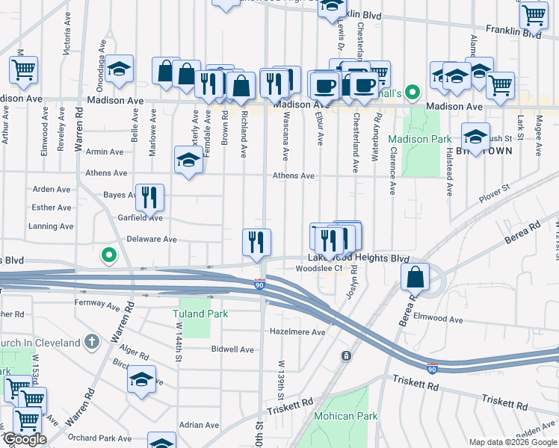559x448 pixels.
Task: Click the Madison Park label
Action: pos(420,139)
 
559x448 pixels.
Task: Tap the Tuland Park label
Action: pos(200,314)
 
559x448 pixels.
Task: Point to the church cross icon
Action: pos(92,343)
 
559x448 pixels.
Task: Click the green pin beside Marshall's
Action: pos(412,93)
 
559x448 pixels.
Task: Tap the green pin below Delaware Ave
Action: pos(109,256)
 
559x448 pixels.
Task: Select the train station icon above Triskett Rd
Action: pos(346,356)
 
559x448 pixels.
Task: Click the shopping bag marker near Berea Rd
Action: pos(415,278)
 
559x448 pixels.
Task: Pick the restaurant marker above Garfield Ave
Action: pos(149,198)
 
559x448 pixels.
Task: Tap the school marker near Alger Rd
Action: pos(140,380)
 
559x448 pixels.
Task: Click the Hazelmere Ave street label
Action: pos(298,332)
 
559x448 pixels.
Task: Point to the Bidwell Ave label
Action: pos(232,349)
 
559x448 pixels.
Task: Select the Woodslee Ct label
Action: pos(318,268)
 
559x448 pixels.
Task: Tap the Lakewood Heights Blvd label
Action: pos(359,258)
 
